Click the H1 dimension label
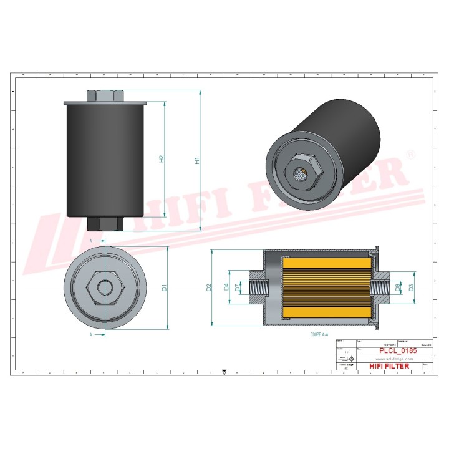[x=198, y=160]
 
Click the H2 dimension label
[x=162, y=158]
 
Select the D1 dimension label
[x=165, y=287]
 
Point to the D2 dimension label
[x=209, y=287]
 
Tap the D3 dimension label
[x=411, y=287]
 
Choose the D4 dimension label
[x=226, y=287]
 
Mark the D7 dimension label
[x=238, y=287]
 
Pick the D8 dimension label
[x=398, y=287]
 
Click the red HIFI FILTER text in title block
[x=389, y=366]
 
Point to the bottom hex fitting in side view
[x=104, y=223]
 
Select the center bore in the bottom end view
[x=106, y=287]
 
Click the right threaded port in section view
[x=379, y=287]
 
